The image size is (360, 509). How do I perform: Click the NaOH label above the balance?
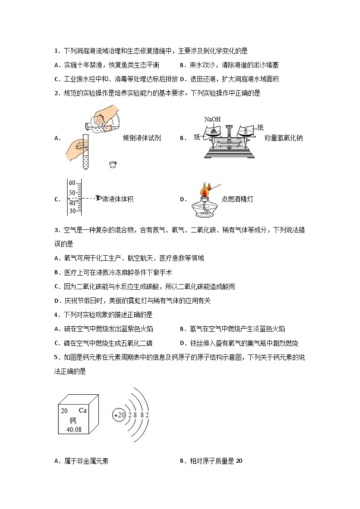coord(212,119)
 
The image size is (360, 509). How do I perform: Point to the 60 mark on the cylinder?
coord(72,183)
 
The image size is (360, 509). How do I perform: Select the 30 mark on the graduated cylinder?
coord(72,210)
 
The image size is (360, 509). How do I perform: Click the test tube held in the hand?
coord(85,154)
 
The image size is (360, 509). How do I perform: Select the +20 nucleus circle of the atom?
coord(119,415)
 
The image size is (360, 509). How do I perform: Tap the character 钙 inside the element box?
coord(73,421)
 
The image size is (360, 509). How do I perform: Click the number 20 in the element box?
coord(64,411)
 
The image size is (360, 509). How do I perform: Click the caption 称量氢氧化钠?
coord(283,138)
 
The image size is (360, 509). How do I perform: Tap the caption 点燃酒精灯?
coord(237,199)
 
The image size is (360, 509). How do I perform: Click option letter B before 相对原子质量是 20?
coord(182,461)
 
